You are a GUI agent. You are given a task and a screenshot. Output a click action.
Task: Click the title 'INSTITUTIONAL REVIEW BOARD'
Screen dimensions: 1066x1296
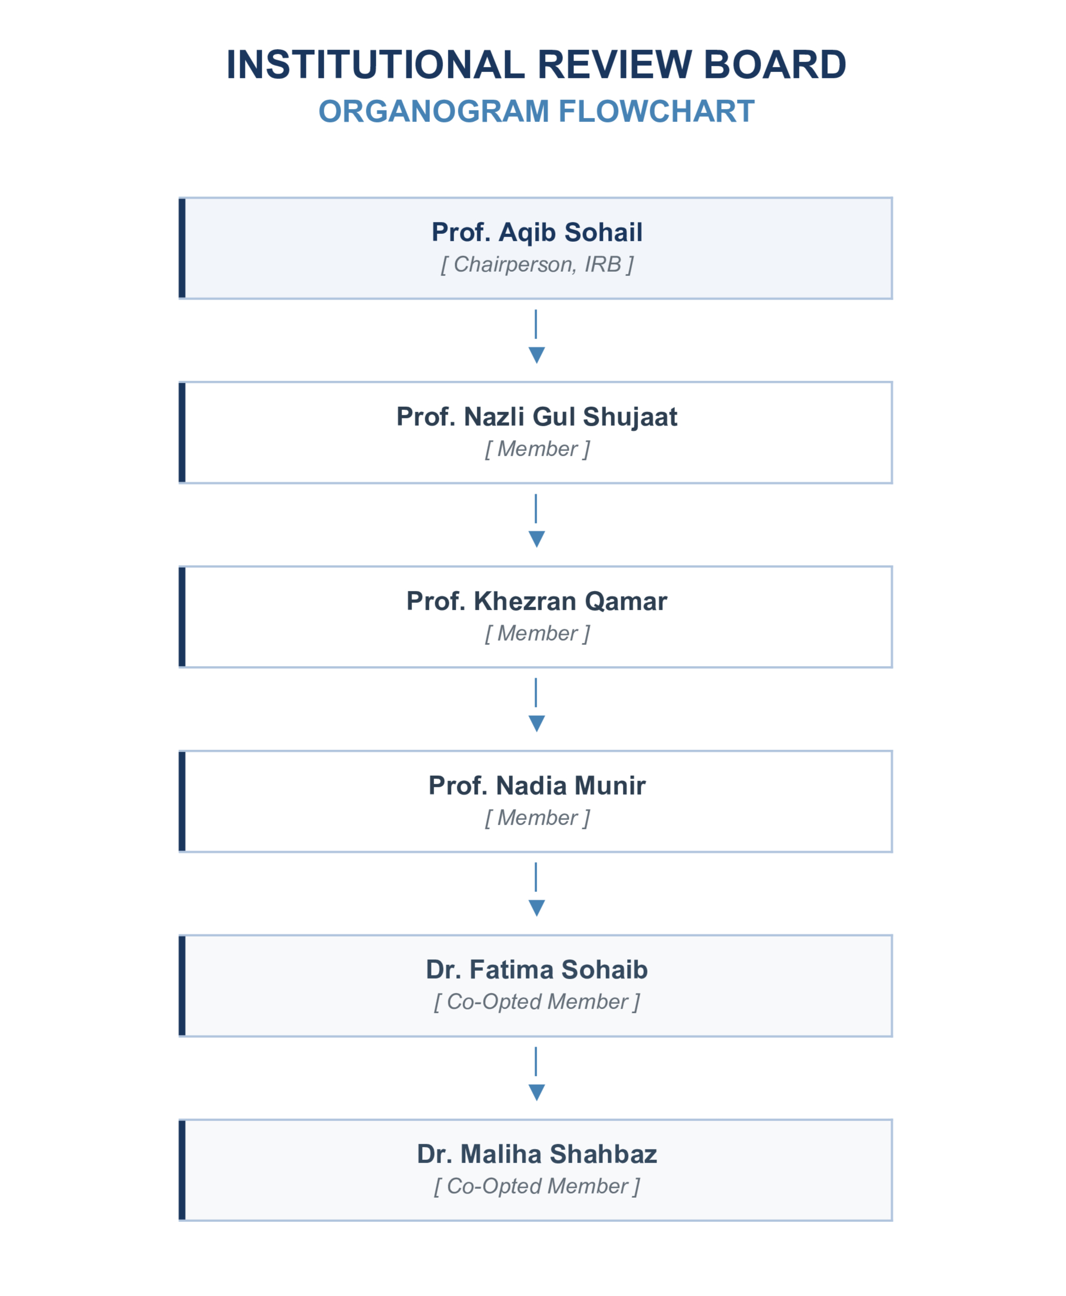[536, 65]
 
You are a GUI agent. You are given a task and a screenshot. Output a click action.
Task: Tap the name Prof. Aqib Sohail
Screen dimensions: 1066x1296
[537, 233]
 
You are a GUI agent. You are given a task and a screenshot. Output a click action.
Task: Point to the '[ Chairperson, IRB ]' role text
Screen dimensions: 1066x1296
[537, 264]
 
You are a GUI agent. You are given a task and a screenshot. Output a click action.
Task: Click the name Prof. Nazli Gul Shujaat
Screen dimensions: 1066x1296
[537, 417]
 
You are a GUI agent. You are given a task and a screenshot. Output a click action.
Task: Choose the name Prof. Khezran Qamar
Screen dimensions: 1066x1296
[537, 601]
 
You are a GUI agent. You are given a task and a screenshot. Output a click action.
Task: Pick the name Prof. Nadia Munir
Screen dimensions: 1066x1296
[537, 785]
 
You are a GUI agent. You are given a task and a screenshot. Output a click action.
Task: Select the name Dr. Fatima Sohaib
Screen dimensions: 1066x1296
[537, 970]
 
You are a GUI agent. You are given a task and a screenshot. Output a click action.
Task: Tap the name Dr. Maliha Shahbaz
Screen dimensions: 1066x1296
[537, 1154]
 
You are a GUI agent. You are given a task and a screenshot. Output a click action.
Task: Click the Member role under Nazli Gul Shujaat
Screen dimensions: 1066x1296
[537, 449]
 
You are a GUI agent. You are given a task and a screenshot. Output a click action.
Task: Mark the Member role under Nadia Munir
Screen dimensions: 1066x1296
[537, 817]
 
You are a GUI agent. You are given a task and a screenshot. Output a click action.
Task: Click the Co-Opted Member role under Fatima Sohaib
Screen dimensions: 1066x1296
[537, 1001]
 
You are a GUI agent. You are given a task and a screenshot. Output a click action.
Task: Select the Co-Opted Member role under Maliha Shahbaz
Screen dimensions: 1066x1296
[537, 1186]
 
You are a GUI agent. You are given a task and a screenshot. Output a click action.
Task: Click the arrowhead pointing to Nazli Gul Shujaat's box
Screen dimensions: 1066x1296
[537, 355]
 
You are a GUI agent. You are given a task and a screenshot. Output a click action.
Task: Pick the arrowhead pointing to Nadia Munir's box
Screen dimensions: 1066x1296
[537, 723]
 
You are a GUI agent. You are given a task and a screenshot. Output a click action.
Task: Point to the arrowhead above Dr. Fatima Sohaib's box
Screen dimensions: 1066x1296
[537, 908]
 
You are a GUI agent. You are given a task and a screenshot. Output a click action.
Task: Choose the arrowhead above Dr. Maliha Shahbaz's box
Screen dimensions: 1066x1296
[537, 1092]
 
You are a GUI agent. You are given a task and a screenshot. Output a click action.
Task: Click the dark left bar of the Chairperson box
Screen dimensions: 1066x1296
[182, 248]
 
